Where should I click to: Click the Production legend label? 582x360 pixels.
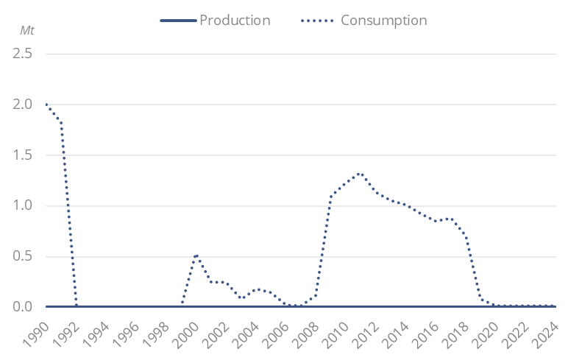point(235,20)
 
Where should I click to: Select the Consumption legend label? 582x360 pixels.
point(383,20)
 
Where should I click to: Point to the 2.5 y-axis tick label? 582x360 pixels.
point(22,54)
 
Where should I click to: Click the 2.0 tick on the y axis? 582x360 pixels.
point(22,105)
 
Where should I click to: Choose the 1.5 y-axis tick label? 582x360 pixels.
point(22,155)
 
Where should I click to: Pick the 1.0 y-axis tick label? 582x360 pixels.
point(22,205)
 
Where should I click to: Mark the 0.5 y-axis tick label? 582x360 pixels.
point(22,256)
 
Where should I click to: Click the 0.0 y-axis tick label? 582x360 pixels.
point(22,306)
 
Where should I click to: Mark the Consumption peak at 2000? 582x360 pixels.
point(196,255)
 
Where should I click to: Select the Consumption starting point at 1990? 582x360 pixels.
point(46,105)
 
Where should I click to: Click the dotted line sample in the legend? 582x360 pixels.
point(318,20)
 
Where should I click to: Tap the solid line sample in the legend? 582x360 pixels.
point(178,20)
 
